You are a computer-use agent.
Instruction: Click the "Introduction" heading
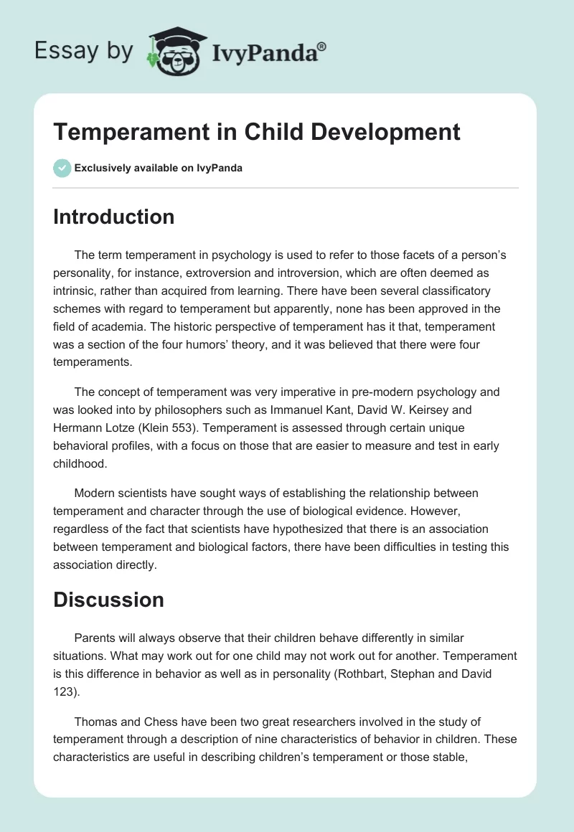coord(113,217)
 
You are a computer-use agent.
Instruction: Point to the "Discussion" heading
coord(108,600)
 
